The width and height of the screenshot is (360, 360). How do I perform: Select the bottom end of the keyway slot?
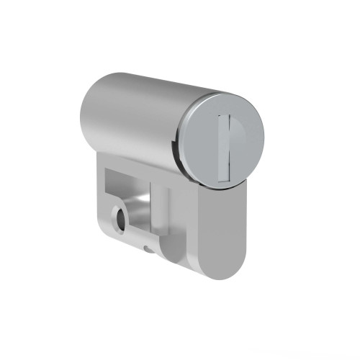click(x=222, y=176)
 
